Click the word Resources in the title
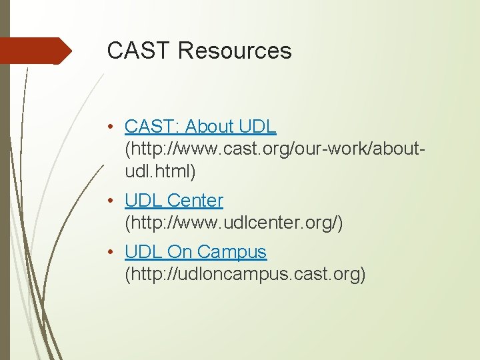click(x=235, y=51)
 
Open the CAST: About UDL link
click(x=200, y=126)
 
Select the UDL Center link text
click(x=173, y=200)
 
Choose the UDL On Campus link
click(x=195, y=252)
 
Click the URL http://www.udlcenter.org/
click(x=234, y=223)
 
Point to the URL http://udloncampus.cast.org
click(x=245, y=275)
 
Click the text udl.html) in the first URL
click(x=160, y=171)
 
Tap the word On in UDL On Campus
click(x=179, y=252)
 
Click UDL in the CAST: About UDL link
click(x=258, y=126)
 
